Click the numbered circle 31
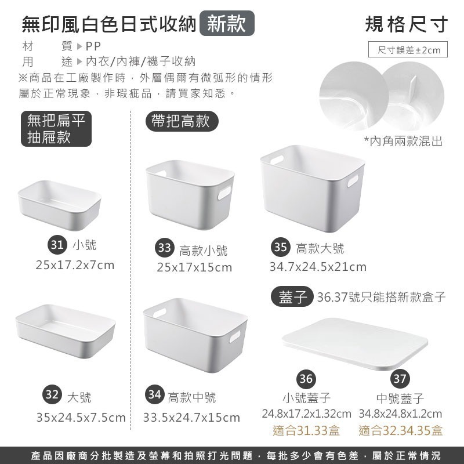[56, 245]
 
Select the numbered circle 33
[165, 248]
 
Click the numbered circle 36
[306, 379]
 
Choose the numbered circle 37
[398, 379]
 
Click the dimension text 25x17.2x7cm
[75, 266]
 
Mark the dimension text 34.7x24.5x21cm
[318, 267]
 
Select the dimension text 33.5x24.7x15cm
[191, 416]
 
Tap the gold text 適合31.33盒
[306, 431]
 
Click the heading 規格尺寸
[407, 24]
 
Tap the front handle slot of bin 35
[353, 182]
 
